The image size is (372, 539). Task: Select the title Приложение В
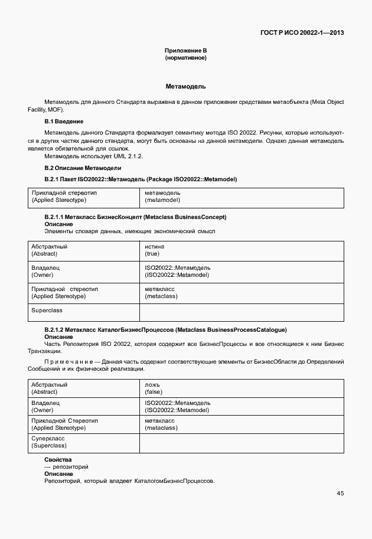[185, 51]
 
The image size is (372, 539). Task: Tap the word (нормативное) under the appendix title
[185, 58]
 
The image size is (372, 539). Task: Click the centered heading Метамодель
[185, 86]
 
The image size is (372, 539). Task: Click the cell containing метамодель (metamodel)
[162, 197]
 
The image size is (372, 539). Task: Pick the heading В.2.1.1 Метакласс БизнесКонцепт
[135, 217]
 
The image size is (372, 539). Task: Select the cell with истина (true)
[155, 250]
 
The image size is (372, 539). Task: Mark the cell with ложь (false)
[154, 388]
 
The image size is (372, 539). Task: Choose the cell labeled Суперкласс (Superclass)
[49, 442]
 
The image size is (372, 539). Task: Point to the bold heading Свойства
[58, 459]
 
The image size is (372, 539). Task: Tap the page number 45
[340, 494]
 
